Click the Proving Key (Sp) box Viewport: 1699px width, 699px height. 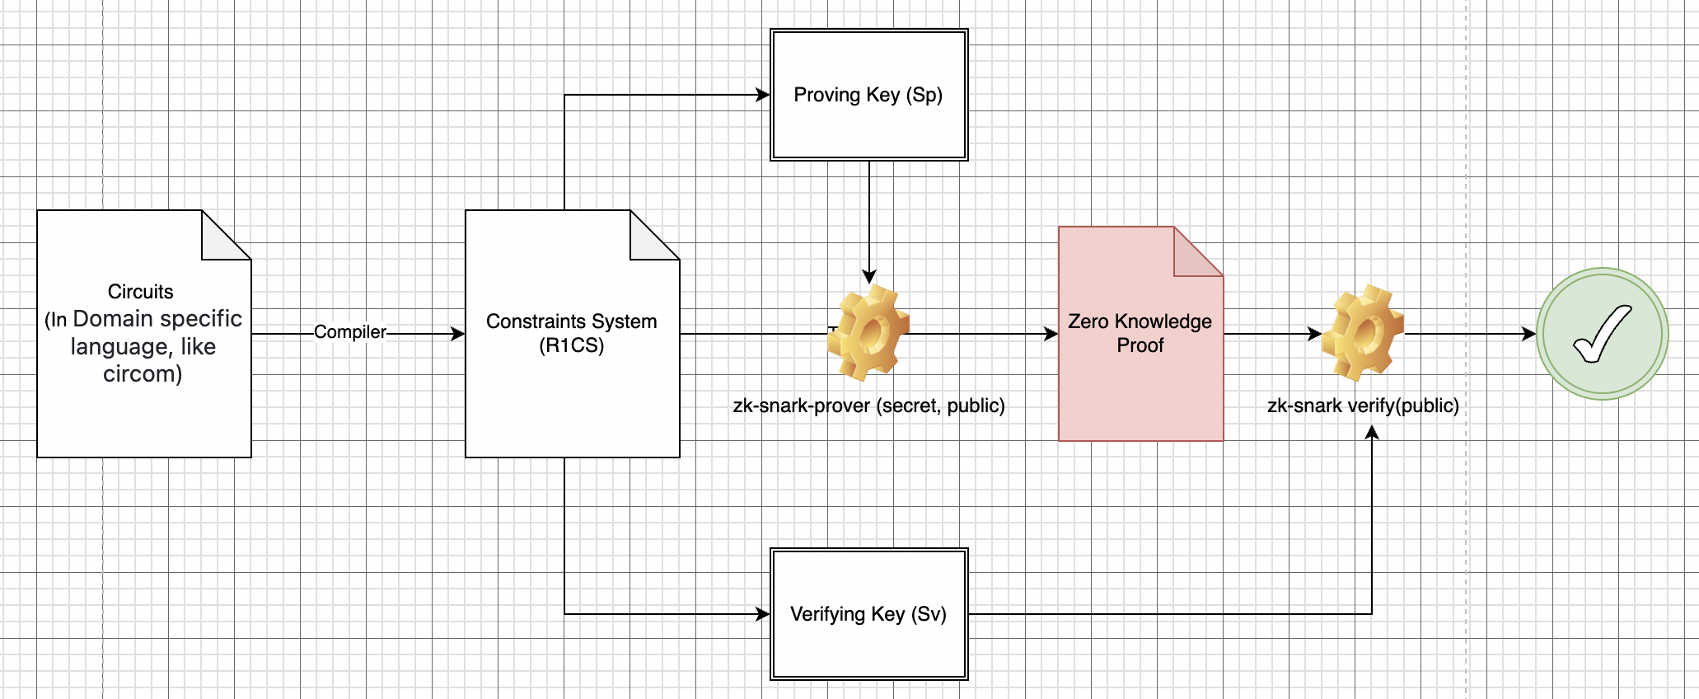point(868,95)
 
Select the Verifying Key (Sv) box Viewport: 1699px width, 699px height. point(868,614)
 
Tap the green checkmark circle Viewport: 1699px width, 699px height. point(1602,334)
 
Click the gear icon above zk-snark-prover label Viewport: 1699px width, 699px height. point(868,333)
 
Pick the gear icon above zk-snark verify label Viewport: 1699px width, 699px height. point(1363,333)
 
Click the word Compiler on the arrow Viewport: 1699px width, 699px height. point(350,332)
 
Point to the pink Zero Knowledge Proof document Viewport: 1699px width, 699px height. point(1140,371)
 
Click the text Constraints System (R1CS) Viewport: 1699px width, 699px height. point(572,333)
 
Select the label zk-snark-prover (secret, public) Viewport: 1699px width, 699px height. point(868,406)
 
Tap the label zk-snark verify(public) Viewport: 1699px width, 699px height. point(1363,406)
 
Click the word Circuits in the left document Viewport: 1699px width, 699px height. point(141,292)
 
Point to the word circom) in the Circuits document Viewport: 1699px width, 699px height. point(143,374)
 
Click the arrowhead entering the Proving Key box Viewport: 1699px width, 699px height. point(763,95)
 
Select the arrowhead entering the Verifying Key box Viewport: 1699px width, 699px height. point(763,614)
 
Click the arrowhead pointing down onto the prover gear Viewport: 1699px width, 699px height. point(869,277)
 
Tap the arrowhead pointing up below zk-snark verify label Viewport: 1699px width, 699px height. point(1372,432)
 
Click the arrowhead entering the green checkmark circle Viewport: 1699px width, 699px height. point(1529,334)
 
